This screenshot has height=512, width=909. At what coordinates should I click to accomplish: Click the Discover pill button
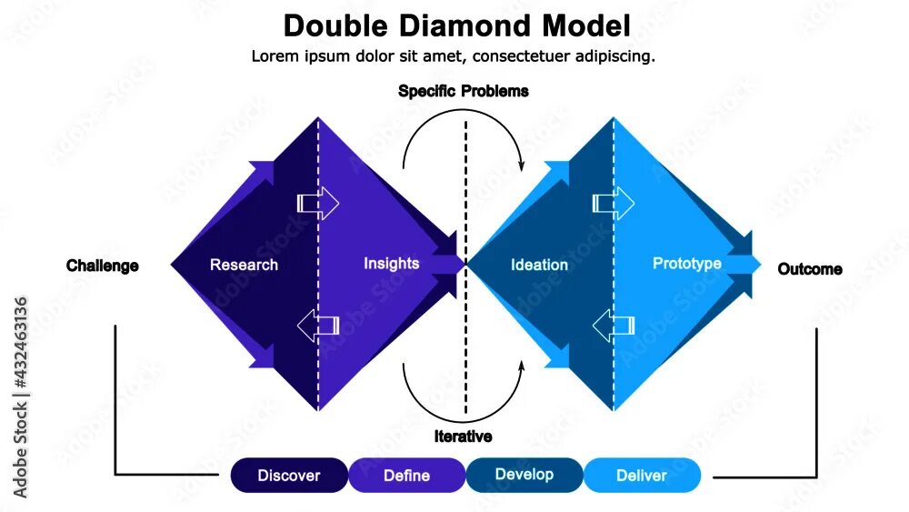point(289,476)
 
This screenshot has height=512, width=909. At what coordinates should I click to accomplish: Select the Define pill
point(406,476)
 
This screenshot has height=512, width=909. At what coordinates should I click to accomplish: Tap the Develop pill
point(524,475)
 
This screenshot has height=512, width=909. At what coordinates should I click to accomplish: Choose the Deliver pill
point(642,476)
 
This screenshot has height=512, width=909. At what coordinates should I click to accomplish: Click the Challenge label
point(103,266)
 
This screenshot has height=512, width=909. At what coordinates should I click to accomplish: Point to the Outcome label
point(810,269)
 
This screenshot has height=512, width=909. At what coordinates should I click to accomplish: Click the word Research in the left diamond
point(244,265)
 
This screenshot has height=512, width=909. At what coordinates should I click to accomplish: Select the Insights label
point(392,263)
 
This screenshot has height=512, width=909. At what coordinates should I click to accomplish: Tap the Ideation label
point(539,265)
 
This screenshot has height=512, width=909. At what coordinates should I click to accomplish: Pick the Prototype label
point(687,263)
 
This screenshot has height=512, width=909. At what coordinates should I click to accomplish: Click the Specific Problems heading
point(464,91)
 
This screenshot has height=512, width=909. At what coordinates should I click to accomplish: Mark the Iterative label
point(464,437)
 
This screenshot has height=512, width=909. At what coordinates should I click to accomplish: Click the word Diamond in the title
point(474,25)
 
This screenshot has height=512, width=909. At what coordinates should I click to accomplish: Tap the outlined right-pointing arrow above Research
point(318,202)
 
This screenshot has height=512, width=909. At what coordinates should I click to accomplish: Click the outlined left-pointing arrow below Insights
point(318,325)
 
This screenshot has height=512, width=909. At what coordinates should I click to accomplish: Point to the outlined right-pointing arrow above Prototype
point(614,202)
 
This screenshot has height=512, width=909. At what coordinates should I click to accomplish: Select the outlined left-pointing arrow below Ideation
point(614,325)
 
